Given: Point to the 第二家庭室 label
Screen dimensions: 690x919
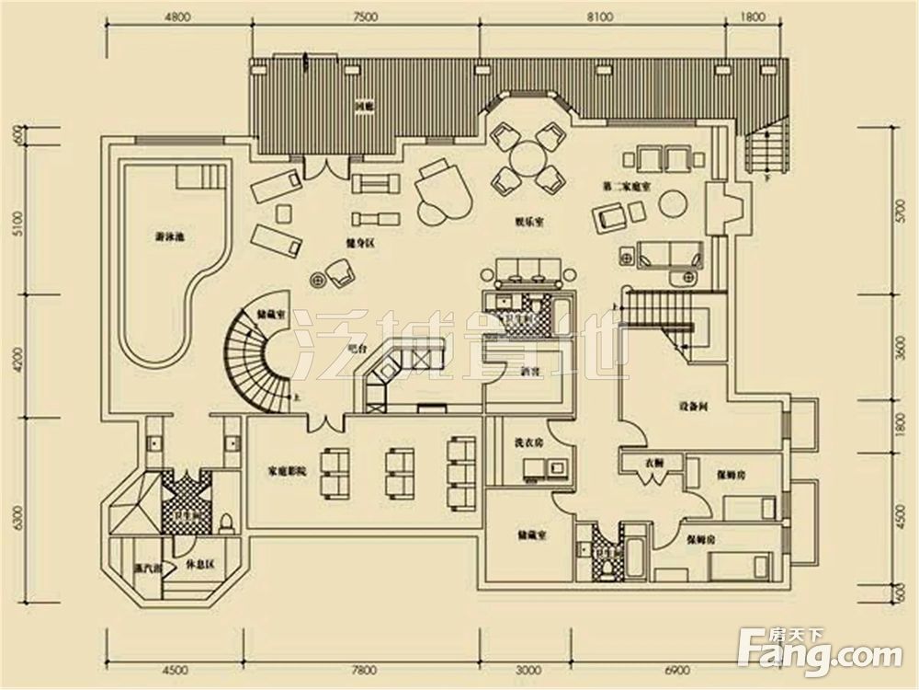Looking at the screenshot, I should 628,187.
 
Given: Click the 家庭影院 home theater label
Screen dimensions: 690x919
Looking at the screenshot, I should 287,470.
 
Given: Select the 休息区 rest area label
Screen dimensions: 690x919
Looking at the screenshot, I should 199,563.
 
